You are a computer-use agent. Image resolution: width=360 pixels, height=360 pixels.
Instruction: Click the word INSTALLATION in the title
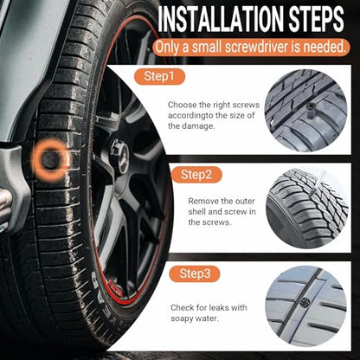[x=221, y=19]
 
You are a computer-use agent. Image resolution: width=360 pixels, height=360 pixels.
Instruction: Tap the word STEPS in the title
[x=316, y=19]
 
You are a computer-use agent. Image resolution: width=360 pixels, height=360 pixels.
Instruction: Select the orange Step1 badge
[x=159, y=76]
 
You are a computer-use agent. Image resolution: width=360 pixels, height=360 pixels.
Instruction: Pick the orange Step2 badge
[x=196, y=175]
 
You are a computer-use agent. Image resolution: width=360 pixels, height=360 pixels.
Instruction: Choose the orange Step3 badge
[x=195, y=273]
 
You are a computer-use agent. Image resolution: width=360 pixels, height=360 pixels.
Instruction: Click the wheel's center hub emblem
[x=120, y=156]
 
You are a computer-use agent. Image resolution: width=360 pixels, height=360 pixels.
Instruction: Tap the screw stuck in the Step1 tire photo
[x=311, y=110]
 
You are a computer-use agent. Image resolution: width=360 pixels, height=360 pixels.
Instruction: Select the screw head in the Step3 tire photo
[x=305, y=302]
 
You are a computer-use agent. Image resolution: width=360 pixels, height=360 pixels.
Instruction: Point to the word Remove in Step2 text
[x=202, y=201]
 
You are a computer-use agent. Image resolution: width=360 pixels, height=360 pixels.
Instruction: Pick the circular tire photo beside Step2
[x=307, y=209]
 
